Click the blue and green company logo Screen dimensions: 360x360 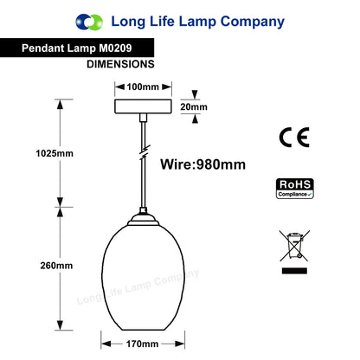[89, 22]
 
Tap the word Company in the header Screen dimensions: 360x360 [253, 22]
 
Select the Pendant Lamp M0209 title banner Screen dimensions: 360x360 [77, 48]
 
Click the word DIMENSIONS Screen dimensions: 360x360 [120, 64]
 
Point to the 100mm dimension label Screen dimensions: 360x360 [143, 87]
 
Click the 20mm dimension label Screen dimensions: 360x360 [194, 107]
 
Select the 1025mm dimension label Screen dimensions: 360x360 [55, 153]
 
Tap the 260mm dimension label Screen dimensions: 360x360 [56, 266]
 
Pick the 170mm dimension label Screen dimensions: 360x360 [142, 344]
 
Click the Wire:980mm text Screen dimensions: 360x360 [203, 164]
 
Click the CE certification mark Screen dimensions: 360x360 [294, 138]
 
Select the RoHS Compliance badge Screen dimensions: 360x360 [295, 189]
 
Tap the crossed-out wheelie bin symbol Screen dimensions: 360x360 [294, 246]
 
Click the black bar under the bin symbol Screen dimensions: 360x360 [294, 271]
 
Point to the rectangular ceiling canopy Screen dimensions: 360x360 [143, 106]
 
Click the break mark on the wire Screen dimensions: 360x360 [144, 153]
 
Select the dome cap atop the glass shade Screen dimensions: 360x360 [143, 220]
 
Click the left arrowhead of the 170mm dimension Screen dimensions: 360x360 [106, 344]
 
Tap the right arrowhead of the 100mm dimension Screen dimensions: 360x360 [167, 87]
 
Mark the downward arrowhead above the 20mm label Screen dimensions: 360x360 [195, 94]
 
